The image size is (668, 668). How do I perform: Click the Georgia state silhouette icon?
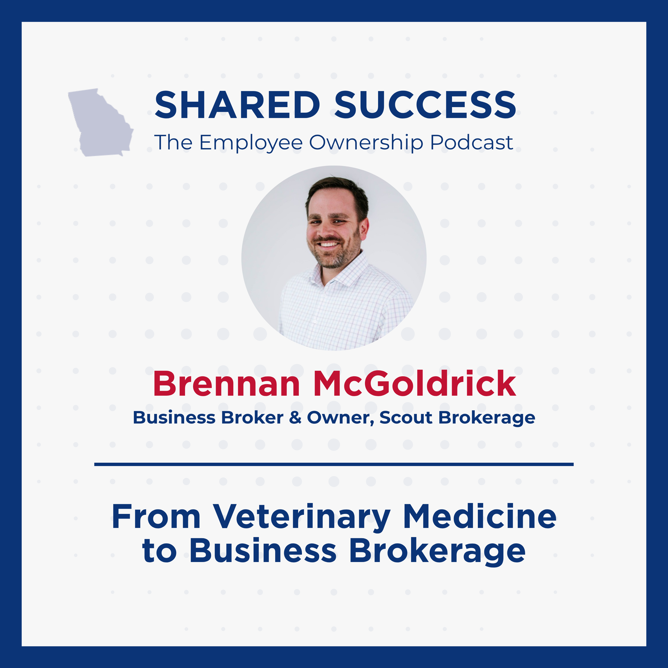pos(100,123)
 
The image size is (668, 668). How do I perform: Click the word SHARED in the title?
pos(237,105)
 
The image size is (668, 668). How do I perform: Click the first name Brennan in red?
pos(226,384)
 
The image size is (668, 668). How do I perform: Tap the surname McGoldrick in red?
pos(415,384)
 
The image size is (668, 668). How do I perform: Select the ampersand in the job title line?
pos(295,418)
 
